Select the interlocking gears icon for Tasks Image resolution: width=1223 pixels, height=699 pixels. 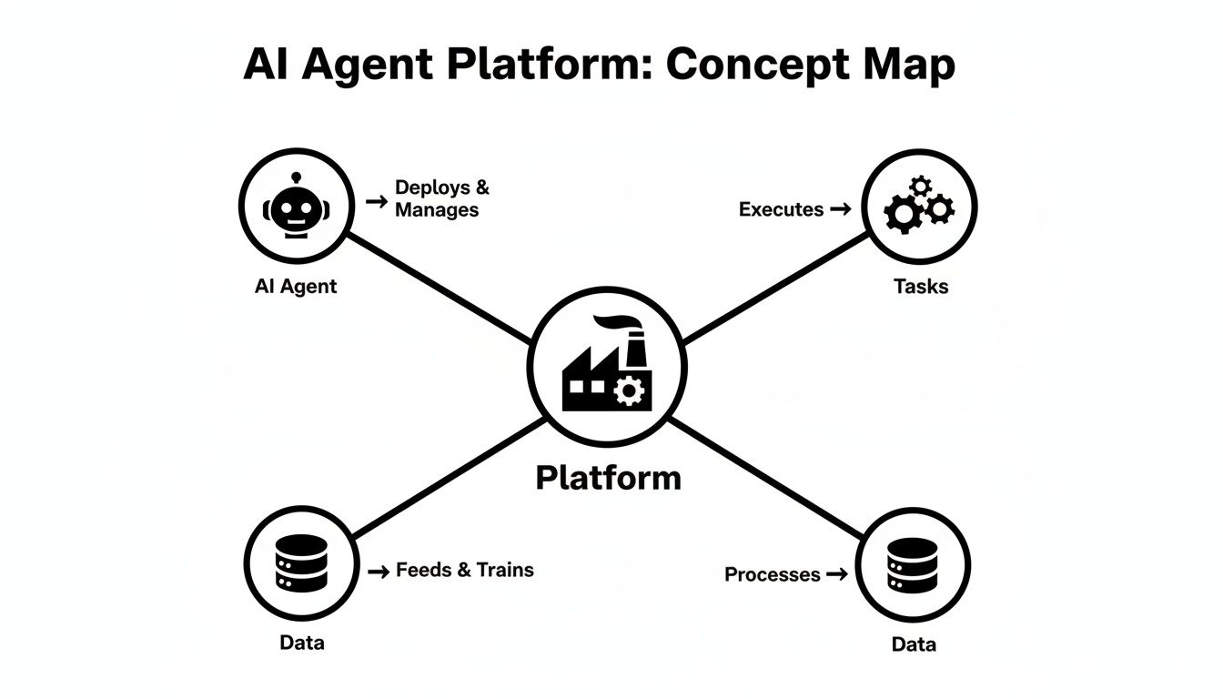918,207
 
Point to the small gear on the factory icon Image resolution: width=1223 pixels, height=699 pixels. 628,391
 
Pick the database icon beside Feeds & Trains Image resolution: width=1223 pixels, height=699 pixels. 300,563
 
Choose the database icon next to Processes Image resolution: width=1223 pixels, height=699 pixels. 912,564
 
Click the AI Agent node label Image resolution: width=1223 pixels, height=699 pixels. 296,286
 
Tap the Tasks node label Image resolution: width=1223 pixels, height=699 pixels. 921,287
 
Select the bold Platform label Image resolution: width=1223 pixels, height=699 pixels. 608,478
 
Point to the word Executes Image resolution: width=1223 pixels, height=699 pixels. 781,209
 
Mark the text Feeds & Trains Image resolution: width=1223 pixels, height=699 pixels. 464,571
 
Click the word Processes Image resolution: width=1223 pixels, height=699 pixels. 772,574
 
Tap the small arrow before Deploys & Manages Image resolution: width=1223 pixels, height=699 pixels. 376,200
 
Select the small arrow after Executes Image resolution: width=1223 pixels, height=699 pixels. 841,209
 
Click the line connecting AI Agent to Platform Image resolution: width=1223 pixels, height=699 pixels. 437,287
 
